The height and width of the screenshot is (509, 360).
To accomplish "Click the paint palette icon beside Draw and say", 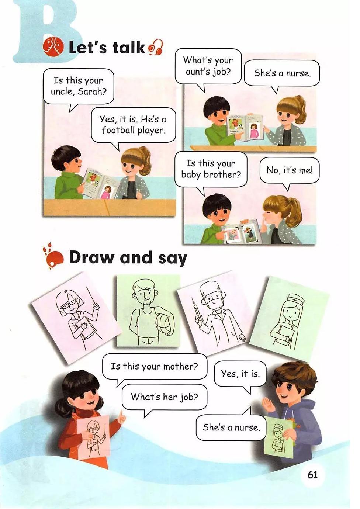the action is point(52,258).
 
